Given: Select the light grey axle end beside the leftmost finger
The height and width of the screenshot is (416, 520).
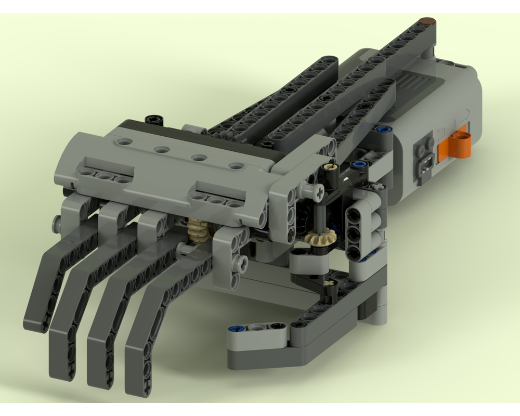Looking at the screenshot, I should pos(55,224).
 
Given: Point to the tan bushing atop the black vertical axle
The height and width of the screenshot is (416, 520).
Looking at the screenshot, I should pos(329,168).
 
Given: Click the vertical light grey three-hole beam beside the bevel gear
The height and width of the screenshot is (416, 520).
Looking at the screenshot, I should pos(358,227).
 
